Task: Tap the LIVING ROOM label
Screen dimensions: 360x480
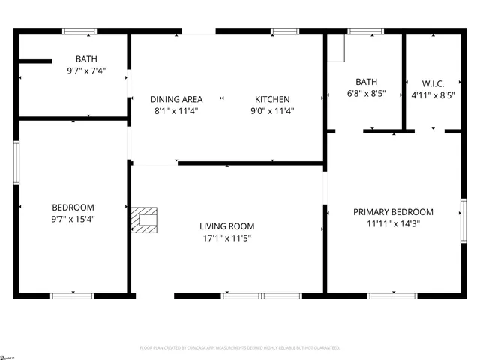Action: coord(226,226)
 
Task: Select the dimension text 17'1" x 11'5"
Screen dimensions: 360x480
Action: coord(226,238)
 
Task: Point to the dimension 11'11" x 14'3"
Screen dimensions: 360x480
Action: coord(393,223)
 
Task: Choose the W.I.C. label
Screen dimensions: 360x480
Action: coord(433,82)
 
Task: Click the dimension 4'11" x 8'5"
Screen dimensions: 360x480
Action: coord(433,94)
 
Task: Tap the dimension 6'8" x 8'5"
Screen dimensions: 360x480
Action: coord(366,94)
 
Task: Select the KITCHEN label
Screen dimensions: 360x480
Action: coord(272,99)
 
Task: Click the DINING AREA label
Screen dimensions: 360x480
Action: coord(176,99)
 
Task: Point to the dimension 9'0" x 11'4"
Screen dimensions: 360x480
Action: coord(272,111)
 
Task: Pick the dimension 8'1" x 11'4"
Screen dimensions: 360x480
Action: coord(176,111)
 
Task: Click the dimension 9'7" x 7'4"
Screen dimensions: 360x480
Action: coord(86,71)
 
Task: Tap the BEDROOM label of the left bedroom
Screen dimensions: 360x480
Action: coord(73,208)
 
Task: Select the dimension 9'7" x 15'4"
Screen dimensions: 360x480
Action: coord(73,220)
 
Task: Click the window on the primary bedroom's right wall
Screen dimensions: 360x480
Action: coord(463,220)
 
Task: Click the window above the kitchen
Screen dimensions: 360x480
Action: coord(284,31)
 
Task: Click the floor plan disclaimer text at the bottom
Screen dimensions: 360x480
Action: coord(240,348)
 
